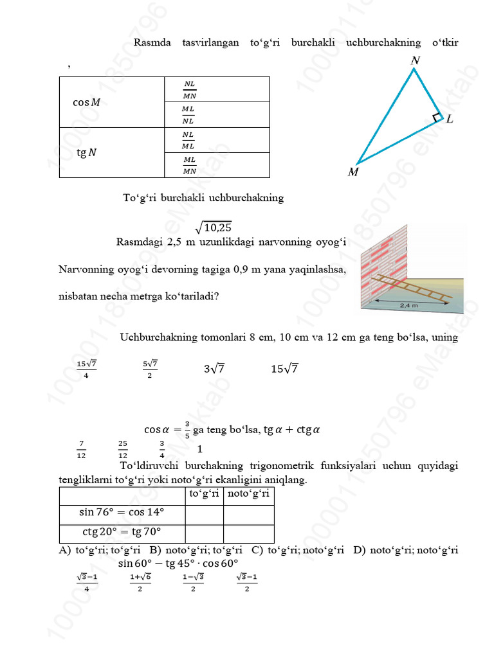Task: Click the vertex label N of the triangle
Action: tap(415, 60)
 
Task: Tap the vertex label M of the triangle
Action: tap(353, 172)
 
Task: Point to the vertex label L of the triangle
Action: tap(450, 120)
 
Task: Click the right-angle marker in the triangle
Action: tap(437, 118)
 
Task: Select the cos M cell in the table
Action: tap(86, 102)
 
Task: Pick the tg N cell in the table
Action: tap(86, 153)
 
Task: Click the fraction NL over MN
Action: tap(189, 89)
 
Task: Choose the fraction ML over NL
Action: tap(188, 115)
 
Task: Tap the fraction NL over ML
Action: tap(188, 140)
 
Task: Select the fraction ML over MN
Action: tap(189, 165)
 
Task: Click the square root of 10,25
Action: tap(214, 226)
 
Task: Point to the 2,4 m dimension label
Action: tap(409, 306)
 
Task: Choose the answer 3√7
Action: tap(214, 369)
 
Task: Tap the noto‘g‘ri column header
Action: tap(249, 493)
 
